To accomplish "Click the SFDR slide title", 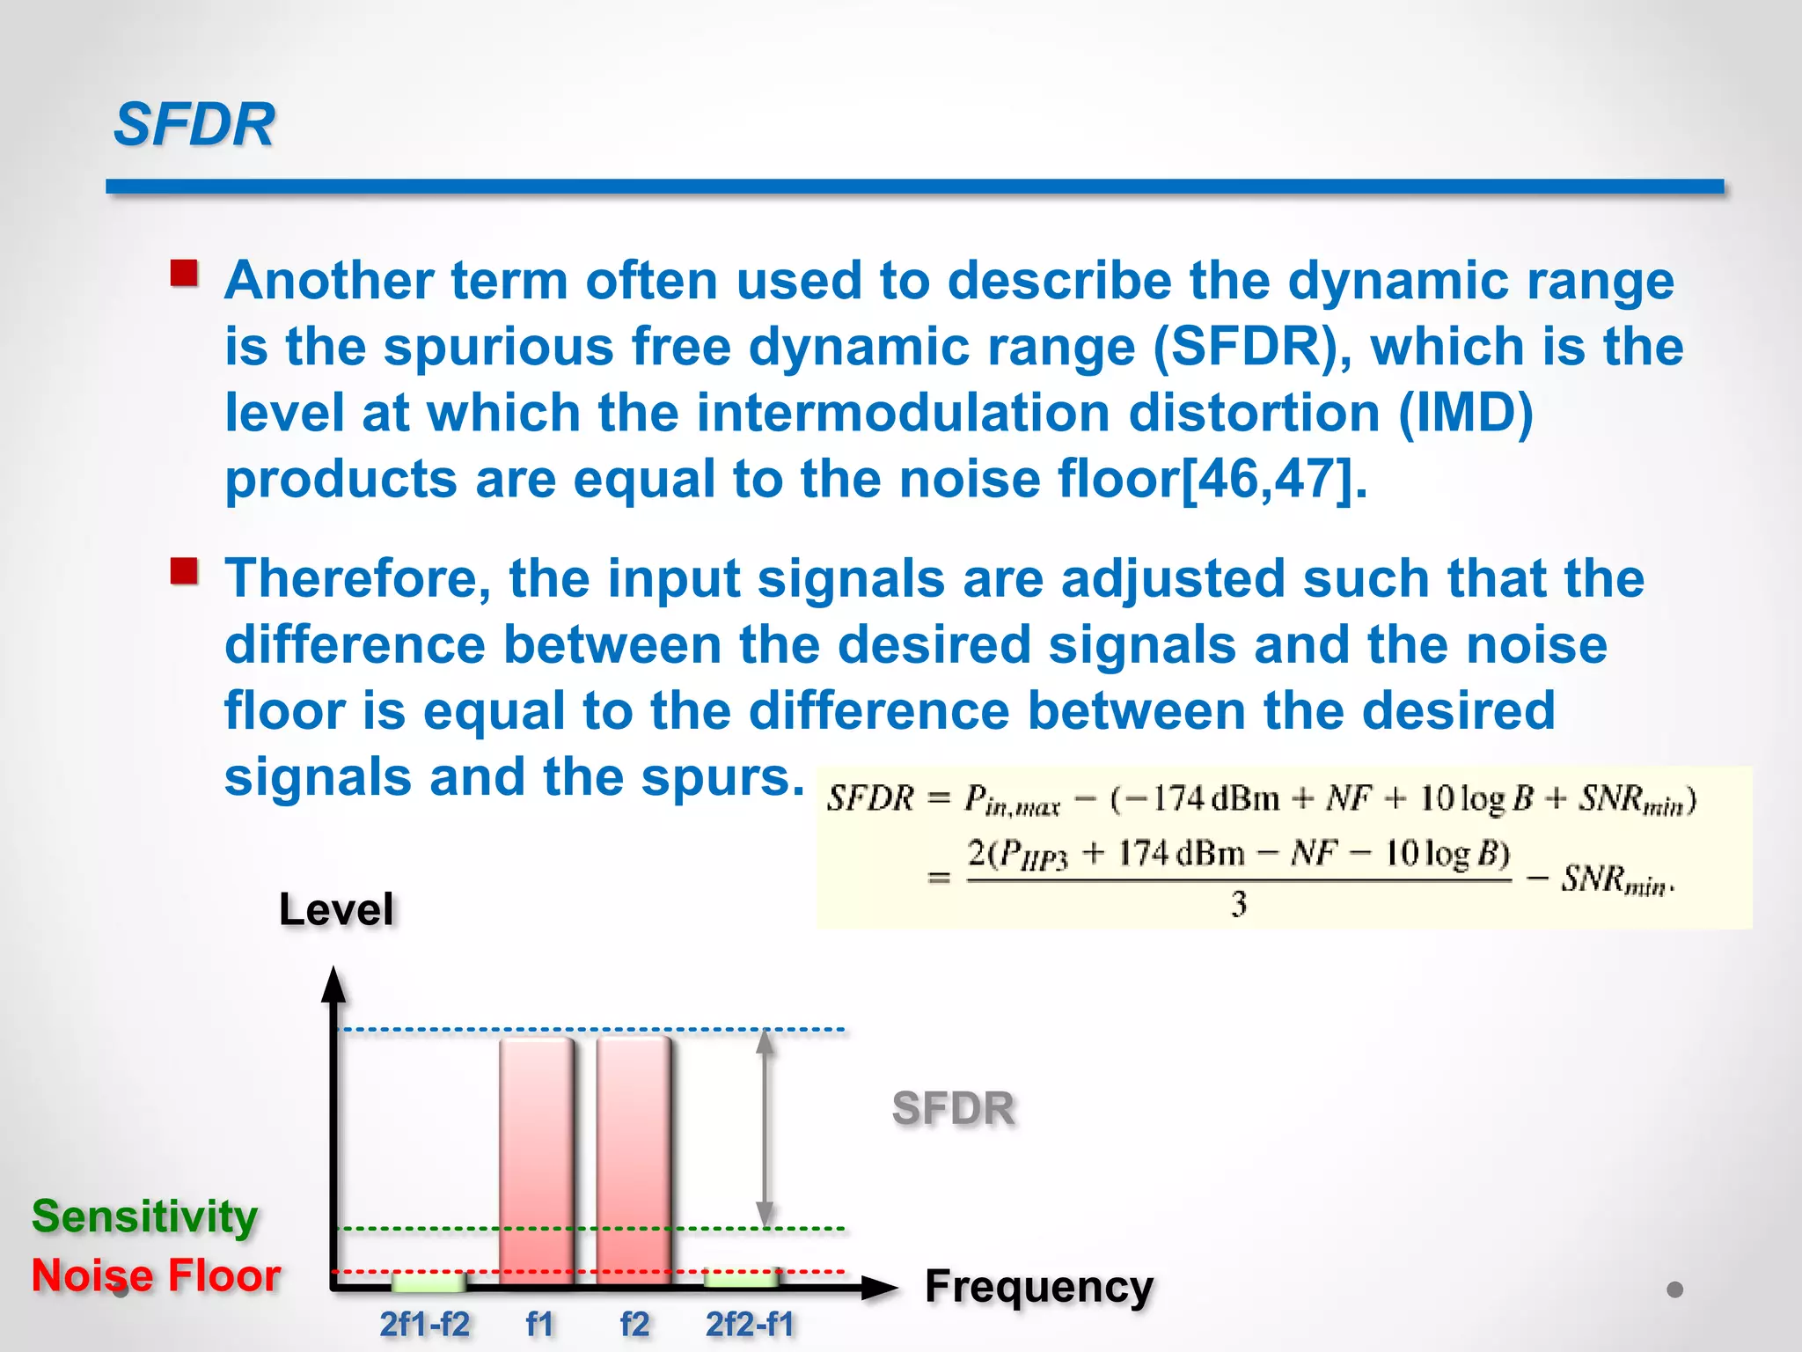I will [x=194, y=124].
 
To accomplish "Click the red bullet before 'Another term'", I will [x=185, y=274].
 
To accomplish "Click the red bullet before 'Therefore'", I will [x=185, y=572].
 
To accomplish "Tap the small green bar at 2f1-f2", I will [x=429, y=1281].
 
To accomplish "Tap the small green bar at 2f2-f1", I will [x=742, y=1278].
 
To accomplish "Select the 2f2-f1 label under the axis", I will [x=750, y=1325].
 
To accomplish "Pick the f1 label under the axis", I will [x=539, y=1325].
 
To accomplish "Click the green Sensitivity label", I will [x=145, y=1217].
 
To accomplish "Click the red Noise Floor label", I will [x=156, y=1275].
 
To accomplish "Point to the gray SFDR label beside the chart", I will [x=953, y=1108].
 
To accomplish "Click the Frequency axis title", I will [x=1038, y=1287].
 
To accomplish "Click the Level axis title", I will [x=336, y=909].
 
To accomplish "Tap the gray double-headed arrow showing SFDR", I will [x=765, y=1128].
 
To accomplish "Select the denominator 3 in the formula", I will [x=1239, y=905].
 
